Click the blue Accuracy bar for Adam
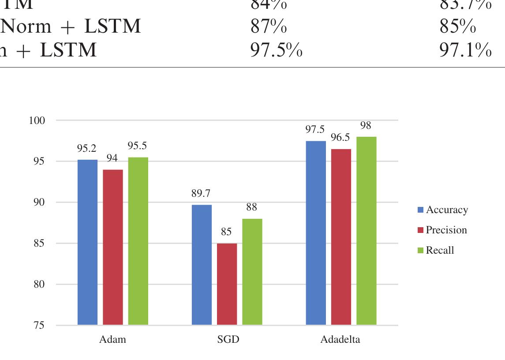click(87, 242)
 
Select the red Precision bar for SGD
click(227, 284)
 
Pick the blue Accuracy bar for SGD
click(202, 265)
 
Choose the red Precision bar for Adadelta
click(341, 237)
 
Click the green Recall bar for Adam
click(138, 241)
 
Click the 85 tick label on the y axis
click(39, 244)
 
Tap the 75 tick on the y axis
click(39, 326)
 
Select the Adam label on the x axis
click(112, 340)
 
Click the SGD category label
click(228, 340)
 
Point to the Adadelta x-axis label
click(340, 340)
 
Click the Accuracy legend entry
click(442, 210)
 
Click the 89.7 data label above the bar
click(201, 193)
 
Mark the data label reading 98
click(366, 126)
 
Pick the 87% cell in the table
click(268, 27)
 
